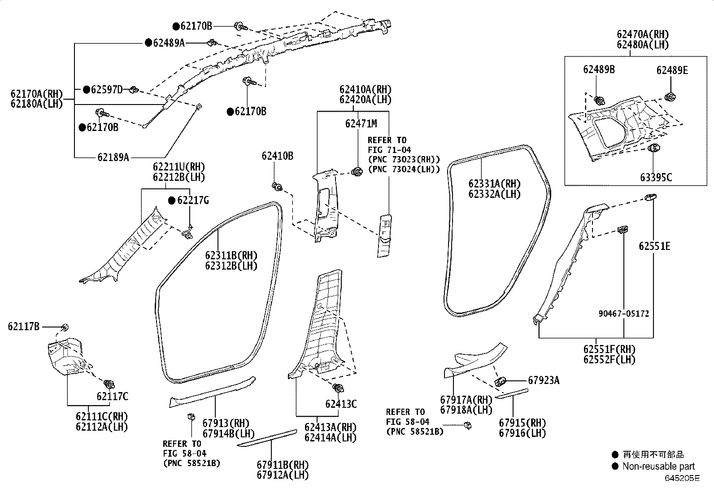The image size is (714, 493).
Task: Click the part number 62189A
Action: tap(113, 157)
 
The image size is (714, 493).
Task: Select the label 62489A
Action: tap(169, 43)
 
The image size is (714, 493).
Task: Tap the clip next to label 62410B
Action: tap(276, 186)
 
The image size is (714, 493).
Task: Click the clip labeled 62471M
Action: tap(358, 171)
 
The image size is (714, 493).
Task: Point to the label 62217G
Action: tap(193, 201)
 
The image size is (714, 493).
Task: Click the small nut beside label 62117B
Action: tap(65, 327)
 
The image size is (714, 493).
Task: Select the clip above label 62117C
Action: tap(109, 384)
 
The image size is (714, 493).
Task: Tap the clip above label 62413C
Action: tap(339, 388)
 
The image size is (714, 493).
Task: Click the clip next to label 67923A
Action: tap(501, 381)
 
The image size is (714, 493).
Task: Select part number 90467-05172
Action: tap(623, 314)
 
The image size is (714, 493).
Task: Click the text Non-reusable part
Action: tap(658, 467)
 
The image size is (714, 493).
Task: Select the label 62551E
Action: tap(654, 246)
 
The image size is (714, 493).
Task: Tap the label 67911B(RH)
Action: tap(283, 465)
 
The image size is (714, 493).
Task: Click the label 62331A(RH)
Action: tap(494, 184)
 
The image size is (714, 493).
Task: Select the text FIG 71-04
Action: tap(389, 150)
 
